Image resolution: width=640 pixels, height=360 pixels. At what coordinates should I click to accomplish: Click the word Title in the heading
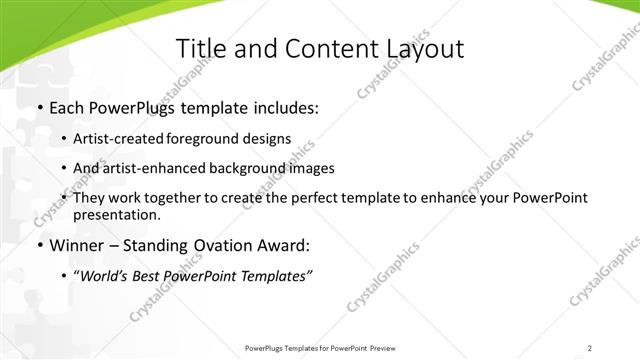(x=200, y=49)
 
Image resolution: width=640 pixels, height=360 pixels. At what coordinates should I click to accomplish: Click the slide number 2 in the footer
(x=590, y=348)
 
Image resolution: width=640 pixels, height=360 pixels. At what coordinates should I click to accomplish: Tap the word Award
(x=286, y=245)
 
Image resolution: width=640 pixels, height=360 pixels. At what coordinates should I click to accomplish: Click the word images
(x=311, y=168)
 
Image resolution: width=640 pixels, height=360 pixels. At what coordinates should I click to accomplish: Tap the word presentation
(x=116, y=215)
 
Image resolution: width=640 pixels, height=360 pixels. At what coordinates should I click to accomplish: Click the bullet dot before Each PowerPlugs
(x=39, y=108)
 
